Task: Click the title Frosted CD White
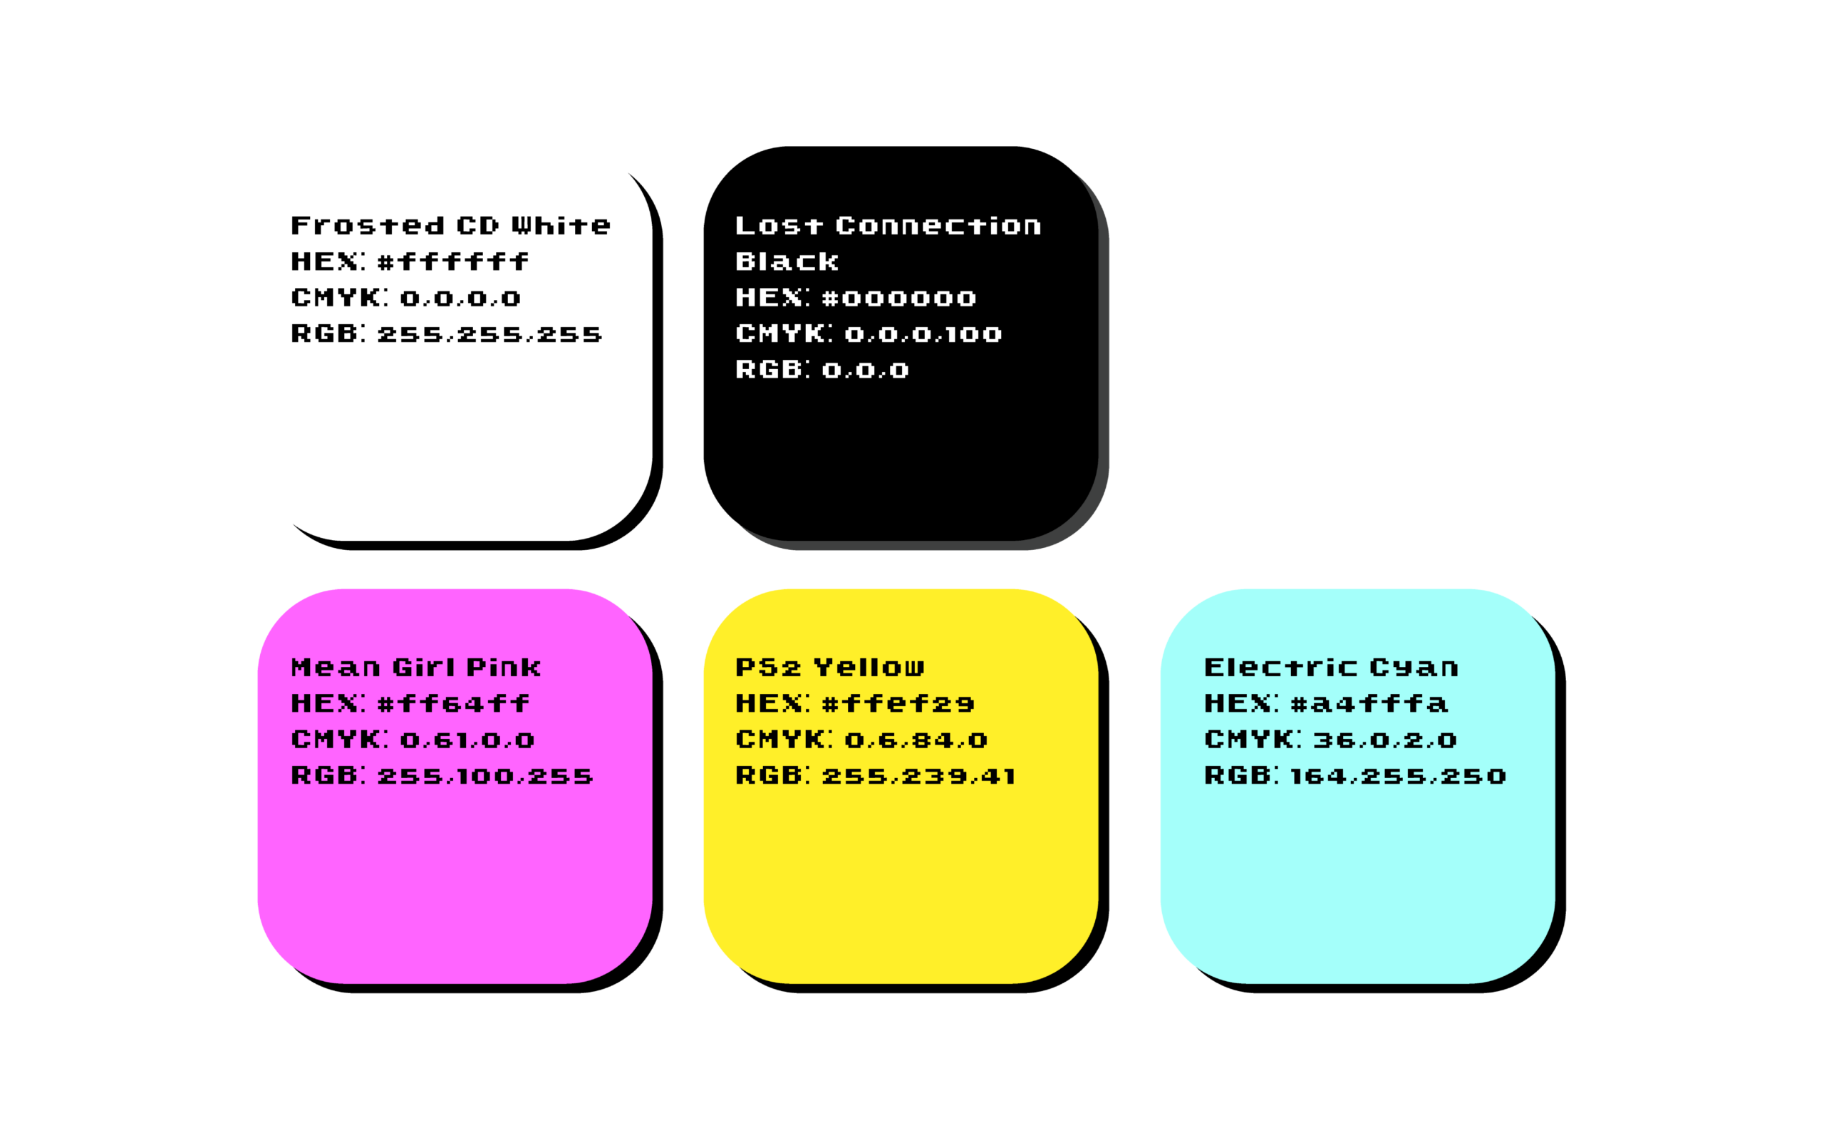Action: (x=451, y=225)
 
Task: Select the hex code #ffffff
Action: (x=453, y=261)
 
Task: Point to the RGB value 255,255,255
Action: (x=489, y=334)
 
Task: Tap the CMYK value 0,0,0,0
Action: (x=460, y=298)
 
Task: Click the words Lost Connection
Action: (x=888, y=225)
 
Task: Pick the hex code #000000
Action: (x=898, y=298)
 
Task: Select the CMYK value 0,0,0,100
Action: (x=923, y=334)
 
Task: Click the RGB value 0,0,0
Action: (x=865, y=370)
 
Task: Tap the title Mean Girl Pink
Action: (x=415, y=668)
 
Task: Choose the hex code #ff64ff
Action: (x=453, y=703)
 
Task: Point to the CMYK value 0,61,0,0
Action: (x=467, y=740)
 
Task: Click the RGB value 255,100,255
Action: (x=484, y=776)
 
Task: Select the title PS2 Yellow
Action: (x=829, y=668)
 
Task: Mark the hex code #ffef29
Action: (x=898, y=703)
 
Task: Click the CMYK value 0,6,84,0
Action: (x=915, y=740)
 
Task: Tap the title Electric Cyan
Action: (x=1331, y=668)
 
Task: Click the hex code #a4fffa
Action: (x=1369, y=703)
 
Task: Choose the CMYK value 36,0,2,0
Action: (x=1384, y=740)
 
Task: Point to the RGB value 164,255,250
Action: (x=1397, y=776)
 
